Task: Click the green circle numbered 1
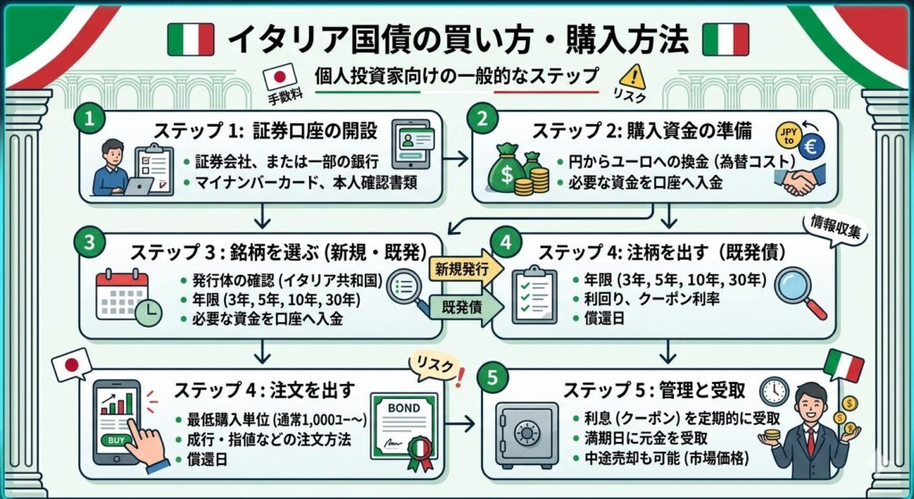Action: [90, 119]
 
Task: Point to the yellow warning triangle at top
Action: [633, 77]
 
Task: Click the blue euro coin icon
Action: [810, 146]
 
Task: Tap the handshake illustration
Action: [800, 179]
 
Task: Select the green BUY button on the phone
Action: [116, 440]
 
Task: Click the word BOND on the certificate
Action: [403, 409]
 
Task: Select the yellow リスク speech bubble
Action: [435, 366]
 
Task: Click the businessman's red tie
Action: [810, 442]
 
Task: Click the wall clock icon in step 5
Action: [775, 391]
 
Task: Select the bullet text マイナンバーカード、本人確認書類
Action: [300, 182]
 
